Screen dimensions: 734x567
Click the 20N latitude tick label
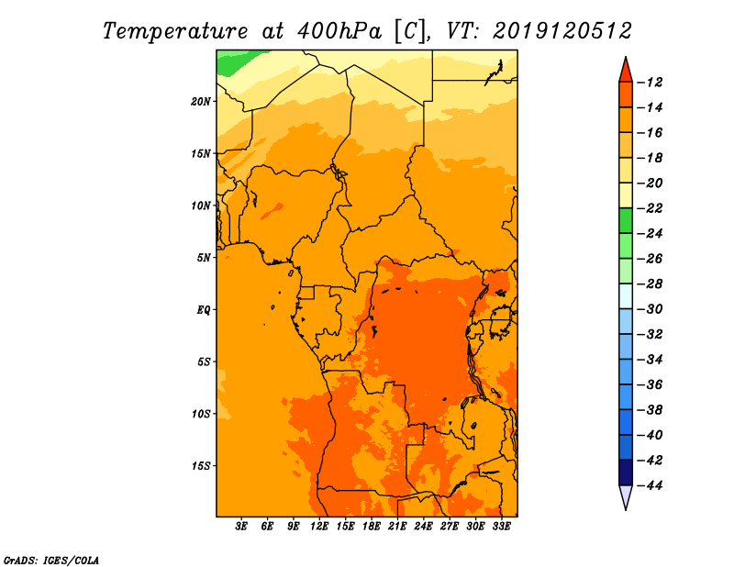coord(200,102)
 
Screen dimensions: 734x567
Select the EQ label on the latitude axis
coord(203,310)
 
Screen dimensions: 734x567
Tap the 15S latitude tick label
coord(201,466)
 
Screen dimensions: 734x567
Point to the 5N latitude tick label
coord(204,258)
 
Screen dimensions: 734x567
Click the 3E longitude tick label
coord(241,527)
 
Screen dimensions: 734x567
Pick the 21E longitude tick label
coord(397,527)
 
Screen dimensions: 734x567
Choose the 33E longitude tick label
coord(501,527)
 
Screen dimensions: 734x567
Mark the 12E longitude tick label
coord(318,527)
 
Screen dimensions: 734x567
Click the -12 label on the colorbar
coord(650,83)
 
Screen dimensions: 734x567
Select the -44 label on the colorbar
coord(650,485)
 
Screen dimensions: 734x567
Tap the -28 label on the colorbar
coord(650,284)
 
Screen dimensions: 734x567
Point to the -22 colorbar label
coord(650,208)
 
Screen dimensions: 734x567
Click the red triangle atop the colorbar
coord(626,72)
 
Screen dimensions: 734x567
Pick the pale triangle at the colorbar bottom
coord(626,495)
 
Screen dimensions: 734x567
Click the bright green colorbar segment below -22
coord(626,221)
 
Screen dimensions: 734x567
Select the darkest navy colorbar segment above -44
coord(626,472)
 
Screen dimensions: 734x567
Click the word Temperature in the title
coord(175,31)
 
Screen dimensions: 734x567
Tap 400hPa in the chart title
coord(339,31)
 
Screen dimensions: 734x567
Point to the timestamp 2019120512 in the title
coord(562,31)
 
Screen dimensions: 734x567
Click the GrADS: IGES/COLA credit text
coord(51,561)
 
